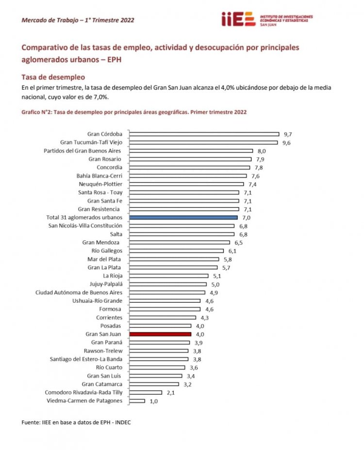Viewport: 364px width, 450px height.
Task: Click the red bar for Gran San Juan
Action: [160, 334]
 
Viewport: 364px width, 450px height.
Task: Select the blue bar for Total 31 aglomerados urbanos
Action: [183, 217]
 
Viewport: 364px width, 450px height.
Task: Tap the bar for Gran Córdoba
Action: [204, 134]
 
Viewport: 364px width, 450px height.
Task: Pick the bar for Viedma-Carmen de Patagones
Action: [137, 401]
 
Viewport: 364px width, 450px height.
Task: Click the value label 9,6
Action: [287, 142]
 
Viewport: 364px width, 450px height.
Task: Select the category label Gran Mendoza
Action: [102, 242]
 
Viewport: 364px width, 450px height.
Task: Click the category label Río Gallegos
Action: [107, 250]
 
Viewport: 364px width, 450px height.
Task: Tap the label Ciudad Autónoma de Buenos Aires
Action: [79, 292]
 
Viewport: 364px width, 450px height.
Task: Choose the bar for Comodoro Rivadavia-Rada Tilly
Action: [145, 392]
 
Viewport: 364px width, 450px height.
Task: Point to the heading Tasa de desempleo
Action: [53, 77]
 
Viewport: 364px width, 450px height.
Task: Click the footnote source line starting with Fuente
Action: [76, 422]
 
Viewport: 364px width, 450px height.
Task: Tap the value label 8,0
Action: [262, 151]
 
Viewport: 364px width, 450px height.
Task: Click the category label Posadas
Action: [111, 326]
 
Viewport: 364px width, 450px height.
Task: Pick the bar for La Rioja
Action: [168, 276]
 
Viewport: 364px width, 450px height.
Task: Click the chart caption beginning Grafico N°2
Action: [134, 112]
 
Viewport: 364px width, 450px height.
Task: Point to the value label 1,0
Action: [153, 401]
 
